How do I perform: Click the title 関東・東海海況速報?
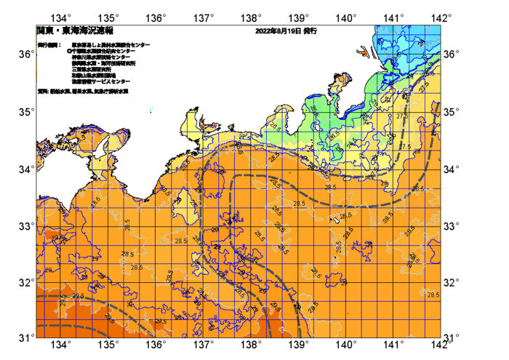pyautogui.click(x=75, y=31)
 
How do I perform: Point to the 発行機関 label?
pyautogui.click(x=49, y=45)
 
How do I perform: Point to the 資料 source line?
pyautogui.click(x=83, y=92)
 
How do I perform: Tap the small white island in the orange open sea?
pyautogui.click(x=332, y=219)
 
